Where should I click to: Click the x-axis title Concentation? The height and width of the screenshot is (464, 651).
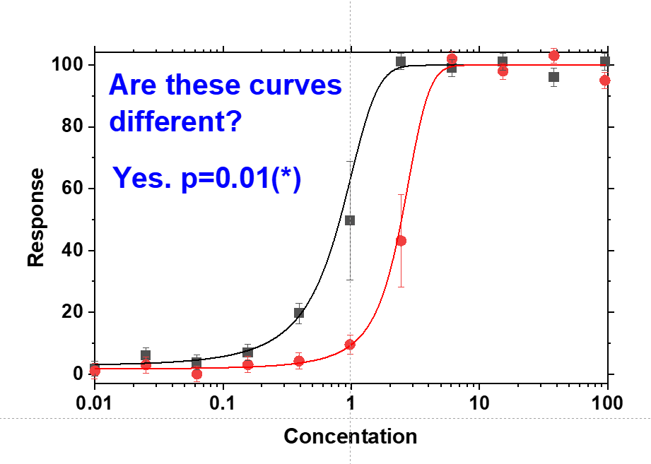350,436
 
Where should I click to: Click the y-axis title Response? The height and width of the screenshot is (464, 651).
36,218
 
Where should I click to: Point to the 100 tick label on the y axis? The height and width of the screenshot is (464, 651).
67,65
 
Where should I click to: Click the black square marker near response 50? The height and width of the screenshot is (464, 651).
350,220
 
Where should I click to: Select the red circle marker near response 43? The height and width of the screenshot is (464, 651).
401,241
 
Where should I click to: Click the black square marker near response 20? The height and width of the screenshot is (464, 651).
299,313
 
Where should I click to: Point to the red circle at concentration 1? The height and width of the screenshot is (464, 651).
350,345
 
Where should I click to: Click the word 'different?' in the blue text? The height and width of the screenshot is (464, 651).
176,122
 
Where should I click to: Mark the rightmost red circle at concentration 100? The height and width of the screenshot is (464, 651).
605,81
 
